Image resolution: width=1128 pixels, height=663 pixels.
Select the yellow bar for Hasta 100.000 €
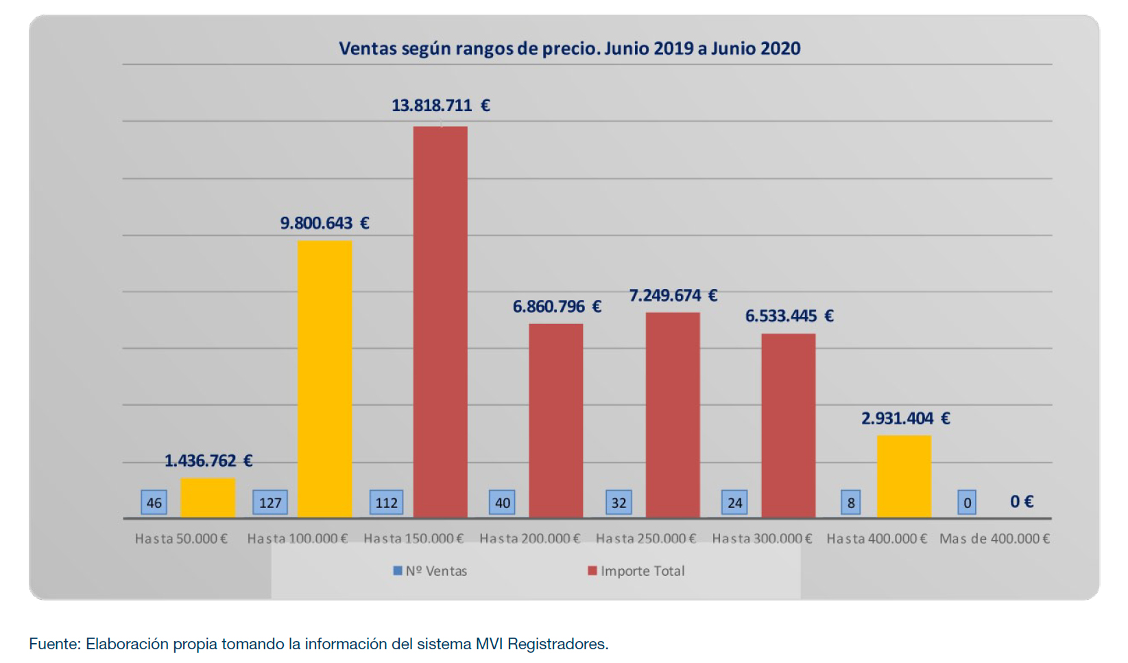[324, 378]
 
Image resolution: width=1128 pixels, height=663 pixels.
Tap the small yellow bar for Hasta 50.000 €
[208, 498]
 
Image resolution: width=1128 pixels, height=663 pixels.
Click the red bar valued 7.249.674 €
[673, 415]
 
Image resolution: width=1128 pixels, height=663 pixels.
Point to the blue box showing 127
[270, 502]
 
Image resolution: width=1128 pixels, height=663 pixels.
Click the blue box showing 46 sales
[154, 502]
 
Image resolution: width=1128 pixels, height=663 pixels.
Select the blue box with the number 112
[386, 502]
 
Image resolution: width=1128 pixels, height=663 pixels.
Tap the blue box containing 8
[851, 502]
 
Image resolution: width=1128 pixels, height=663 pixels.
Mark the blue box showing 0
[967, 502]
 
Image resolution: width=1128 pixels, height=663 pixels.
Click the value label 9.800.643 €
[324, 223]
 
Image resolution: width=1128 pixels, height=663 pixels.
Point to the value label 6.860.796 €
[557, 307]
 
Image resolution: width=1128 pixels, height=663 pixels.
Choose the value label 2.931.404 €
[905, 419]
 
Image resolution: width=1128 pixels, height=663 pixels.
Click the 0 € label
[1021, 502]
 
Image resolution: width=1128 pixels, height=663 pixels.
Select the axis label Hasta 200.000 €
[530, 539]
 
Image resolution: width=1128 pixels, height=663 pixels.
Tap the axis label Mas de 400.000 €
[994, 539]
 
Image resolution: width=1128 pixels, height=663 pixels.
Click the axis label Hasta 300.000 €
[762, 539]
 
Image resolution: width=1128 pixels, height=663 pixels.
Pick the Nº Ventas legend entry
[431, 571]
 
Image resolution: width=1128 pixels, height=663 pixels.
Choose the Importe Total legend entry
[636, 571]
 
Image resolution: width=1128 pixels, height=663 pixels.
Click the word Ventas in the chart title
[368, 49]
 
